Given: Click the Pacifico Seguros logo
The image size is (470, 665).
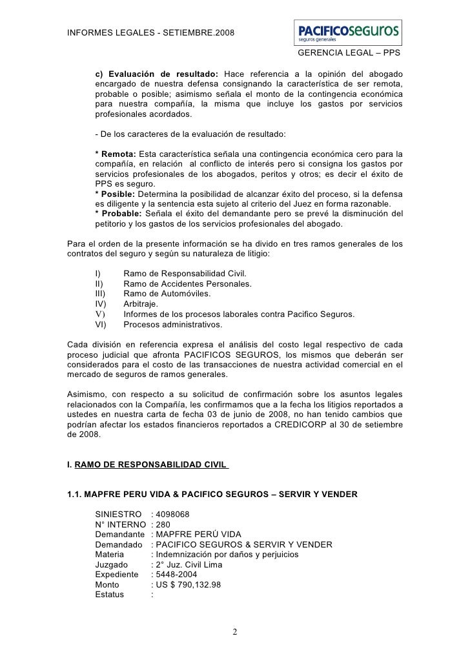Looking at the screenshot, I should pyautogui.click(x=347, y=31).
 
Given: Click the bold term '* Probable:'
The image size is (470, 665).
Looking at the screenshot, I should pyautogui.click(x=119, y=213).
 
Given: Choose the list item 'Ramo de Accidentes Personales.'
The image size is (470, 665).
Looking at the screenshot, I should pyautogui.click(x=187, y=283).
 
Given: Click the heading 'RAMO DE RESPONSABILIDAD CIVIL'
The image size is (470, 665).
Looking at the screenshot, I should pyautogui.click(x=150, y=463).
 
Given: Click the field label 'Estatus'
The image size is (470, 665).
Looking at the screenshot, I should pyautogui.click(x=112, y=595).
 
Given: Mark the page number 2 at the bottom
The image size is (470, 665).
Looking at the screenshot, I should pyautogui.click(x=235, y=631).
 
